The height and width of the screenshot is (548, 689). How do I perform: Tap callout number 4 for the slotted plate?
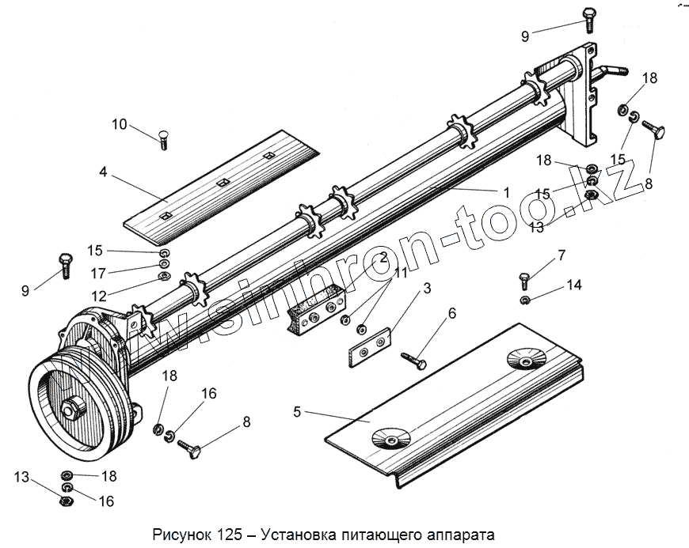pos(103,170)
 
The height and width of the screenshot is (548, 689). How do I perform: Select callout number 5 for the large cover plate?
pos(297,411)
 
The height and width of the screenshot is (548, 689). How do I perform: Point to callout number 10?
pos(119,124)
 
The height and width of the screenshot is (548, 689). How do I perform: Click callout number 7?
pos(561,255)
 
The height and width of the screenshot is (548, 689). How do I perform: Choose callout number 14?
pos(574,285)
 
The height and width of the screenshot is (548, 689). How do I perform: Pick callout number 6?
pos(452,314)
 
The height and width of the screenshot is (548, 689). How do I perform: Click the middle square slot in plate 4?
pos(223,183)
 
